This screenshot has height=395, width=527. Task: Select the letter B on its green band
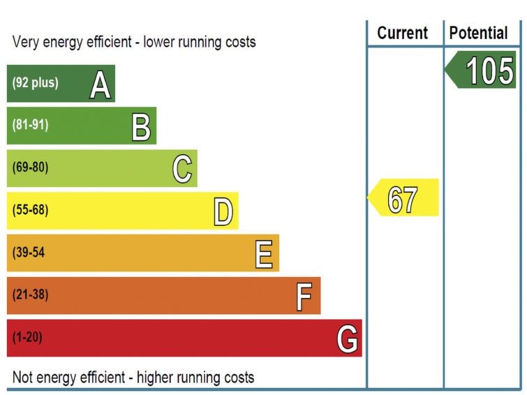point(142,127)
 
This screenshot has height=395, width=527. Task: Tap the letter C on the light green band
point(182,169)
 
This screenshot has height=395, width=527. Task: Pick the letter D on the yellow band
point(223,212)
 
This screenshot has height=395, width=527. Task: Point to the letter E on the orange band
point(264,254)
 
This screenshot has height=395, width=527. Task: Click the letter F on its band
point(304,297)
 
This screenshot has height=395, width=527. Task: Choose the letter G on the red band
point(347,339)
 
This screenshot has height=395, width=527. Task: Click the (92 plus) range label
point(35,83)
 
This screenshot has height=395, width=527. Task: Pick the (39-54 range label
point(29,253)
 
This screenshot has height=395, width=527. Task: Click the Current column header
point(403,33)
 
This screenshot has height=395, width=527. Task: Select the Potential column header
point(479,33)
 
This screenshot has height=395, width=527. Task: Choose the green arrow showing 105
point(481,71)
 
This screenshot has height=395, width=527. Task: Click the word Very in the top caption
point(25,42)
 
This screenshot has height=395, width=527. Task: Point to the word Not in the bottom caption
point(22,378)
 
